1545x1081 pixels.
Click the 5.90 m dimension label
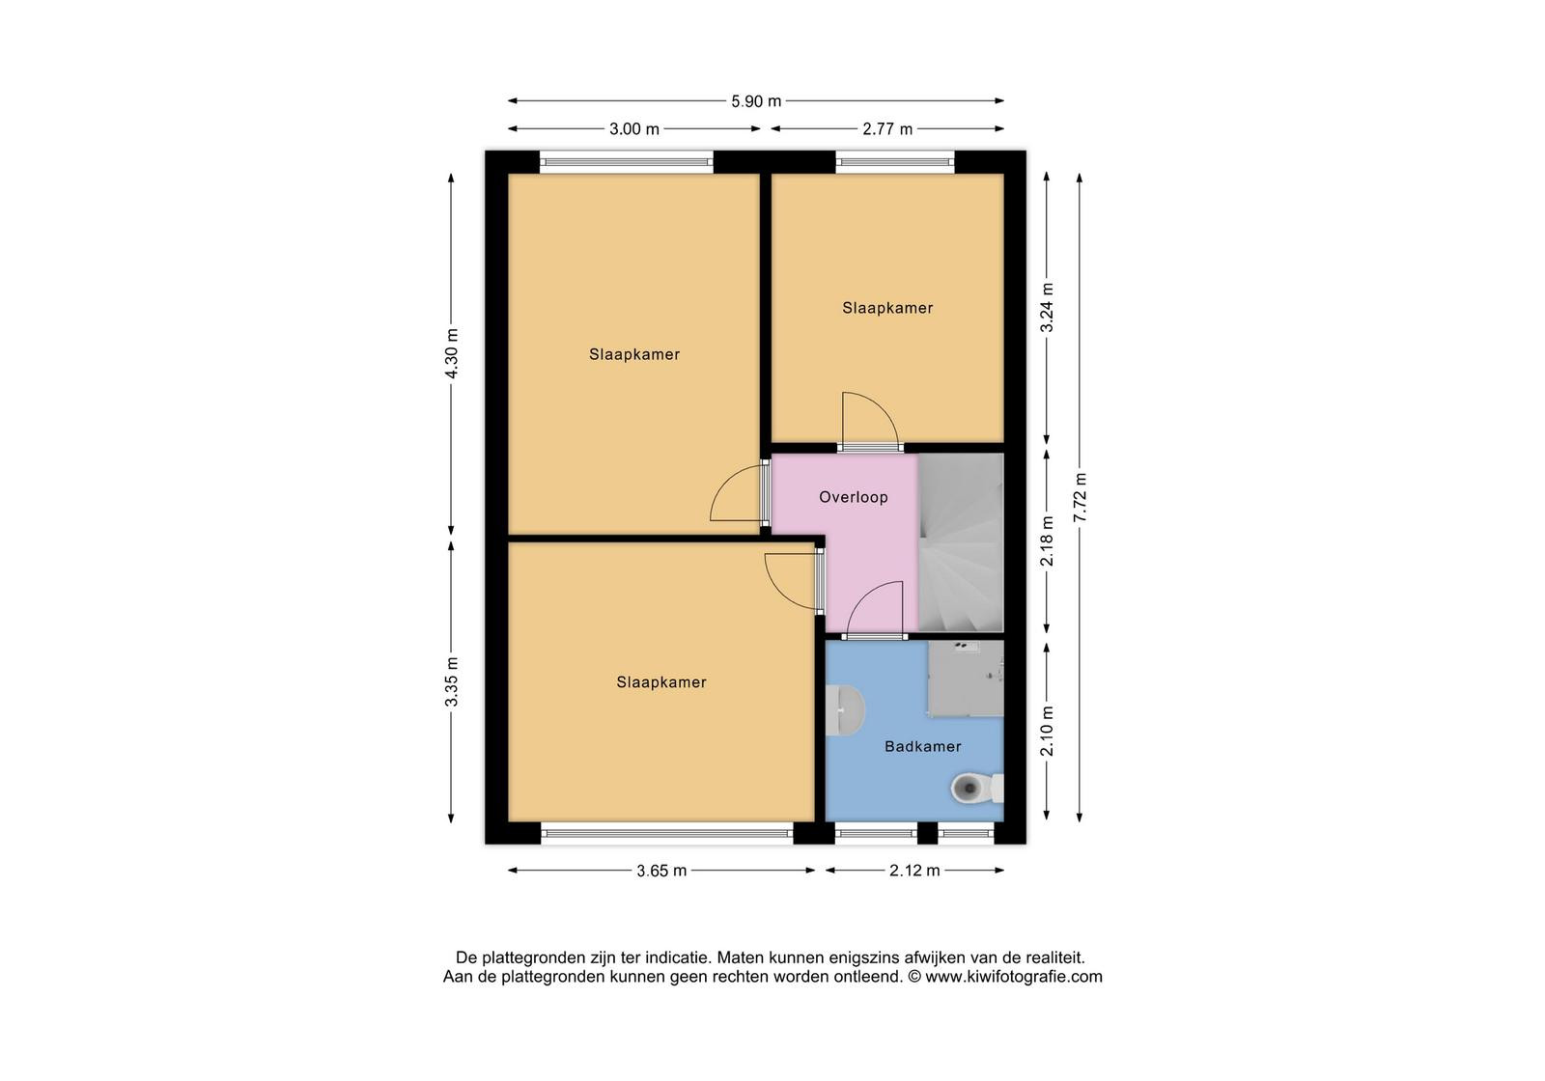(756, 101)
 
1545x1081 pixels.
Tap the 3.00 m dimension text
(633, 129)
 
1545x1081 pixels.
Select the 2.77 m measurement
(887, 129)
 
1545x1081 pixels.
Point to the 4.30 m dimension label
(451, 353)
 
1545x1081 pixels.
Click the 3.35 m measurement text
(451, 681)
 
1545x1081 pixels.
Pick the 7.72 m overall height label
(1080, 497)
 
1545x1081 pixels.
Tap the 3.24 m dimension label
(1047, 308)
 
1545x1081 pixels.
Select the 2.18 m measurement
(1047, 541)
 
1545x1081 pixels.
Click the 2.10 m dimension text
(1047, 731)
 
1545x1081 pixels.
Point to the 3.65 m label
(661, 871)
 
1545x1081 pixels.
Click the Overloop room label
(854, 497)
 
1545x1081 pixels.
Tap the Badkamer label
(923, 746)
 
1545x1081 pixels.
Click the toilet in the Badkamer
(976, 788)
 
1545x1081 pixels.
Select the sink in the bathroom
(845, 709)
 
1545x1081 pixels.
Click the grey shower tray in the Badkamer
(966, 679)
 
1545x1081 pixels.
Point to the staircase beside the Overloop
(961, 542)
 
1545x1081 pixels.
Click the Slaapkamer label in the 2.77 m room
(887, 308)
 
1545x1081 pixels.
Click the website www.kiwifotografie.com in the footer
(1014, 977)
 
